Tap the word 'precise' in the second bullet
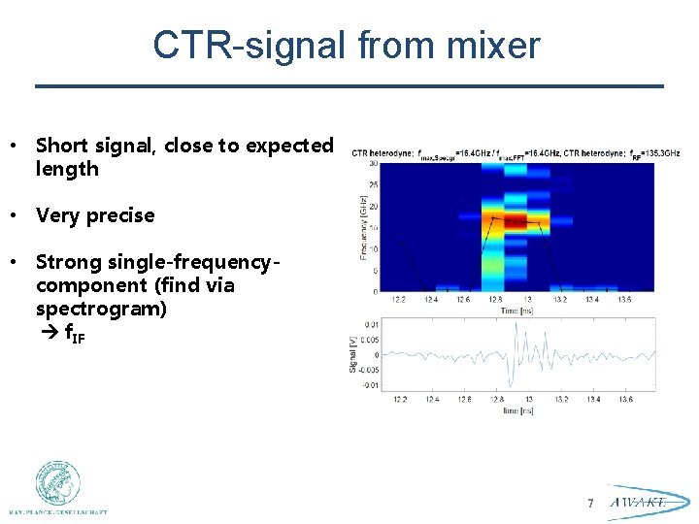tap(120, 215)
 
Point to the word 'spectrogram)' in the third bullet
tap(101, 309)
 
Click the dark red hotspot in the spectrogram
tap(515, 221)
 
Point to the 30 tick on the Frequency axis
tap(374, 163)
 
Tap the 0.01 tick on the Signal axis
tap(372, 324)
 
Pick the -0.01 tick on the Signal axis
tap(371, 385)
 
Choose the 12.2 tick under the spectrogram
tap(400, 299)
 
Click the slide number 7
tap(589, 503)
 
